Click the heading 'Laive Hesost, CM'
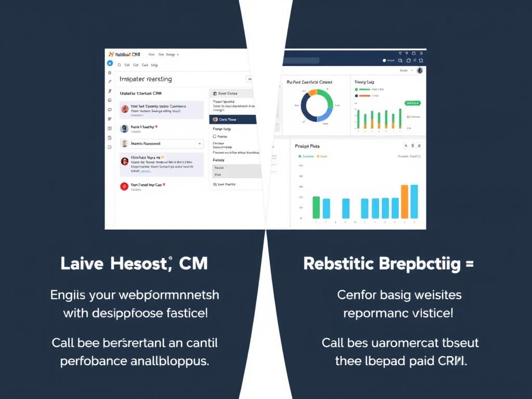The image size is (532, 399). coord(134,263)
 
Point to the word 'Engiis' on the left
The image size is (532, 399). coord(67,295)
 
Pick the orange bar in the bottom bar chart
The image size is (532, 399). coord(405,202)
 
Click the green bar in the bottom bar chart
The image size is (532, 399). coord(316,207)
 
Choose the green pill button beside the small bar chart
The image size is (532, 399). coord(412,103)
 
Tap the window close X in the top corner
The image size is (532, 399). coord(421,53)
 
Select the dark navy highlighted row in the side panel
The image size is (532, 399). coord(233,119)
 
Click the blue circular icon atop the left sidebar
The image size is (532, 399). coord(110,63)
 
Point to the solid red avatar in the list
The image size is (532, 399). coord(124,186)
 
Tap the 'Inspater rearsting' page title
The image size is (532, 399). coord(145,79)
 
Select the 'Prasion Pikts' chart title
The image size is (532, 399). coord(307,146)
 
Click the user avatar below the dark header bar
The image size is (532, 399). coord(420,70)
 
